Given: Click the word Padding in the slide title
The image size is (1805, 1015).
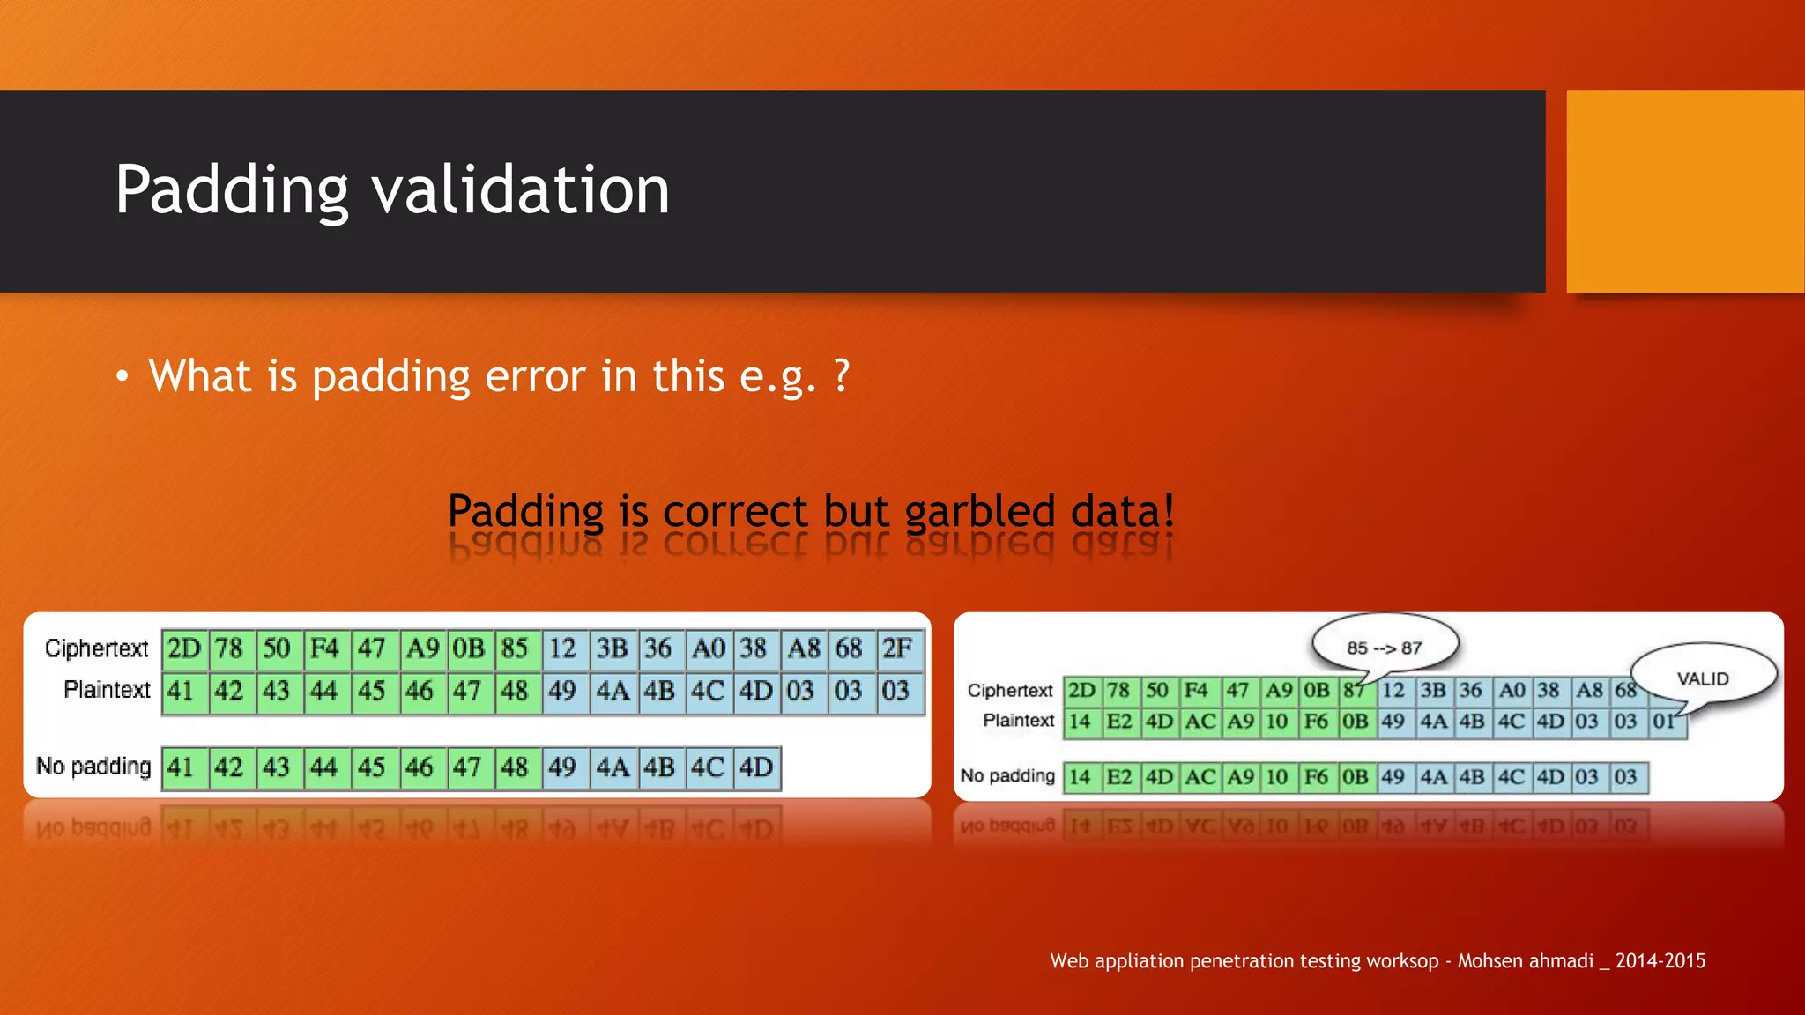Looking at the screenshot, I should click(x=232, y=190).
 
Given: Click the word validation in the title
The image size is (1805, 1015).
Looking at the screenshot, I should click(x=520, y=190).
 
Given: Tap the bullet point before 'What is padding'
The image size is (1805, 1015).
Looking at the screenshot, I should click(x=123, y=377).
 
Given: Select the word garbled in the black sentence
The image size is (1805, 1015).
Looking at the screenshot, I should click(x=979, y=511).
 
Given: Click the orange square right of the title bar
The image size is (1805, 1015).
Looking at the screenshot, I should click(x=1684, y=191).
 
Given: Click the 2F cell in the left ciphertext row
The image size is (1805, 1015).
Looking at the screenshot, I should click(x=897, y=649).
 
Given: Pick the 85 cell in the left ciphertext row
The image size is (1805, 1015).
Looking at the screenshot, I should click(x=515, y=649).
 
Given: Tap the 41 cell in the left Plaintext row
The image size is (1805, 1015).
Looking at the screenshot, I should click(x=181, y=691).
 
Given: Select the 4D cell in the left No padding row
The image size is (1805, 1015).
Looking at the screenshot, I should click(x=756, y=767).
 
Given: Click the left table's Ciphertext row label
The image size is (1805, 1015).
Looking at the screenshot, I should click(x=96, y=648).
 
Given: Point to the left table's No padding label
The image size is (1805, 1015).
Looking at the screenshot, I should click(x=93, y=767).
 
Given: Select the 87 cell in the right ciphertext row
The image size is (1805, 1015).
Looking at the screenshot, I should click(x=1353, y=691).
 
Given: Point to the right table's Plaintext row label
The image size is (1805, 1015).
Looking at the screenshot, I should click(x=1018, y=721).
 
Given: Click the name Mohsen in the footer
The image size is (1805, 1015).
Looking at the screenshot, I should click(x=1489, y=961).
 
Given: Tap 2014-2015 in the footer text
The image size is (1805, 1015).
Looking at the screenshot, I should click(x=1660, y=961).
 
